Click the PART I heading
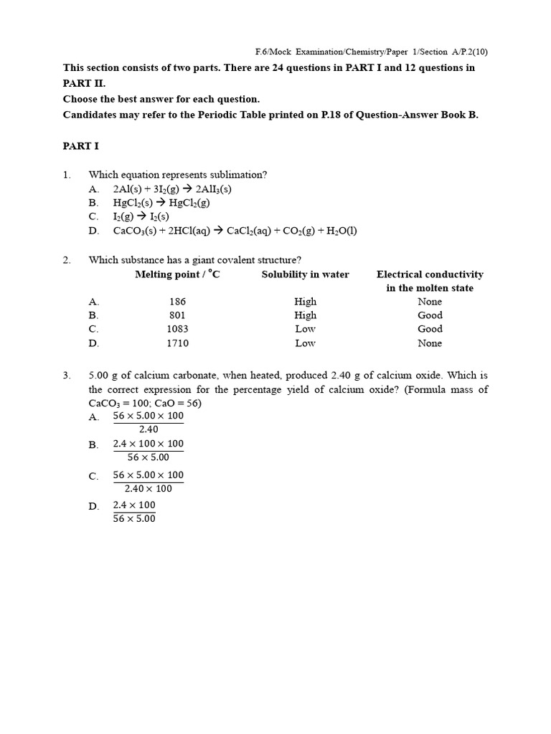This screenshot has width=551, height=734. tap(80, 146)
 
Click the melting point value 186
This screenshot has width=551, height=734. tap(177, 302)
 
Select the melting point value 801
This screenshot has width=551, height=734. tap(177, 315)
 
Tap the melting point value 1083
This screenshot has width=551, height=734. tap(177, 329)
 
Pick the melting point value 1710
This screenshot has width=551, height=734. tap(177, 343)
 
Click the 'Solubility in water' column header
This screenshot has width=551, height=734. tap(305, 275)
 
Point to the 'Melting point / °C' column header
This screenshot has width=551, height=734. tap(177, 275)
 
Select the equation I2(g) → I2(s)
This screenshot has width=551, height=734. tap(141, 216)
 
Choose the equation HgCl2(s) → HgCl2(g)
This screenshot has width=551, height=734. tap(151, 203)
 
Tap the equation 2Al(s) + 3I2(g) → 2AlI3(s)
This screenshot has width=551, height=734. tap(172, 189)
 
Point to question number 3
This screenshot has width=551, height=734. tap(66, 376)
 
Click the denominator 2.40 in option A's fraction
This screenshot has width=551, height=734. tap(149, 429)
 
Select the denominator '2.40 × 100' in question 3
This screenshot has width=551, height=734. tap(149, 489)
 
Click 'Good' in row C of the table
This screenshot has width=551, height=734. tap(430, 329)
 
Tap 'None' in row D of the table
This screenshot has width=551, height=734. tap(430, 343)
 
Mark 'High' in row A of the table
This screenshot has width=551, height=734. tap(305, 302)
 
